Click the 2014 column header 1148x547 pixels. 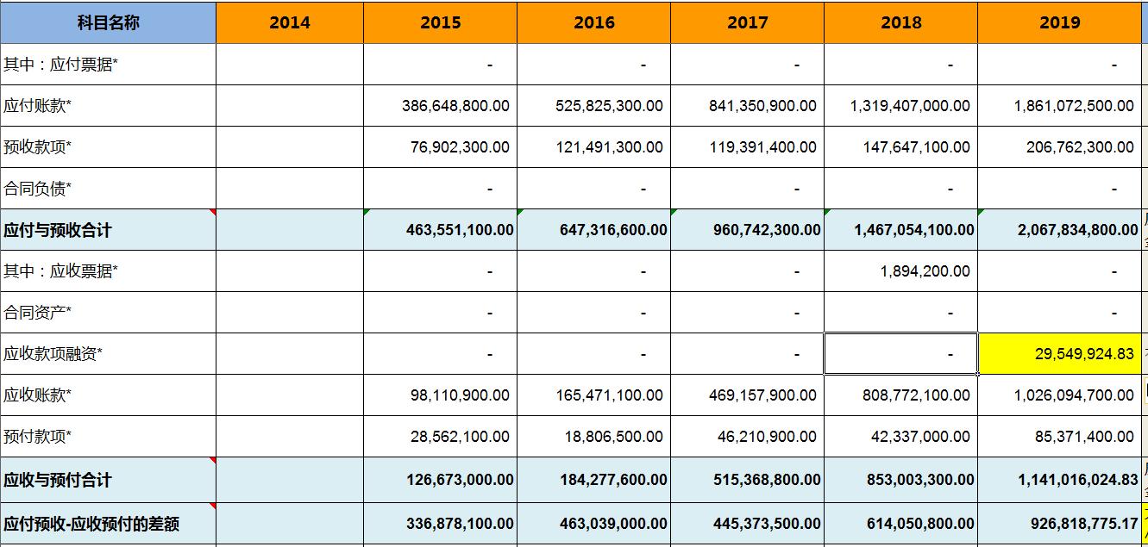289,22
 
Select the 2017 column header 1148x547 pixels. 747,22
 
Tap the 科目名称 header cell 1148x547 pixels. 108,22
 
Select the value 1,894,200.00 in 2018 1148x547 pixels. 925,271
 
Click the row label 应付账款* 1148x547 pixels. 38,106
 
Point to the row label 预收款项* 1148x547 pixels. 38,147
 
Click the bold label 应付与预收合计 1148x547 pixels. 58,230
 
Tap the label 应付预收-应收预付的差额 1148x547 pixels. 91,524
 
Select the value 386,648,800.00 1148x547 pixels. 455,106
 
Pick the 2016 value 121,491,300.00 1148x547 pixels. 609,147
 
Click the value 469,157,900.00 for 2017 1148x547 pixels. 762,395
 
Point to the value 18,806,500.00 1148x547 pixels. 614,437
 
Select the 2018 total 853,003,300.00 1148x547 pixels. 920,480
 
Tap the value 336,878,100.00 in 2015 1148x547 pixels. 460,524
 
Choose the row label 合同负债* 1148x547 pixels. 38,189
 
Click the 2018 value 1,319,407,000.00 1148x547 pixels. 910,106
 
